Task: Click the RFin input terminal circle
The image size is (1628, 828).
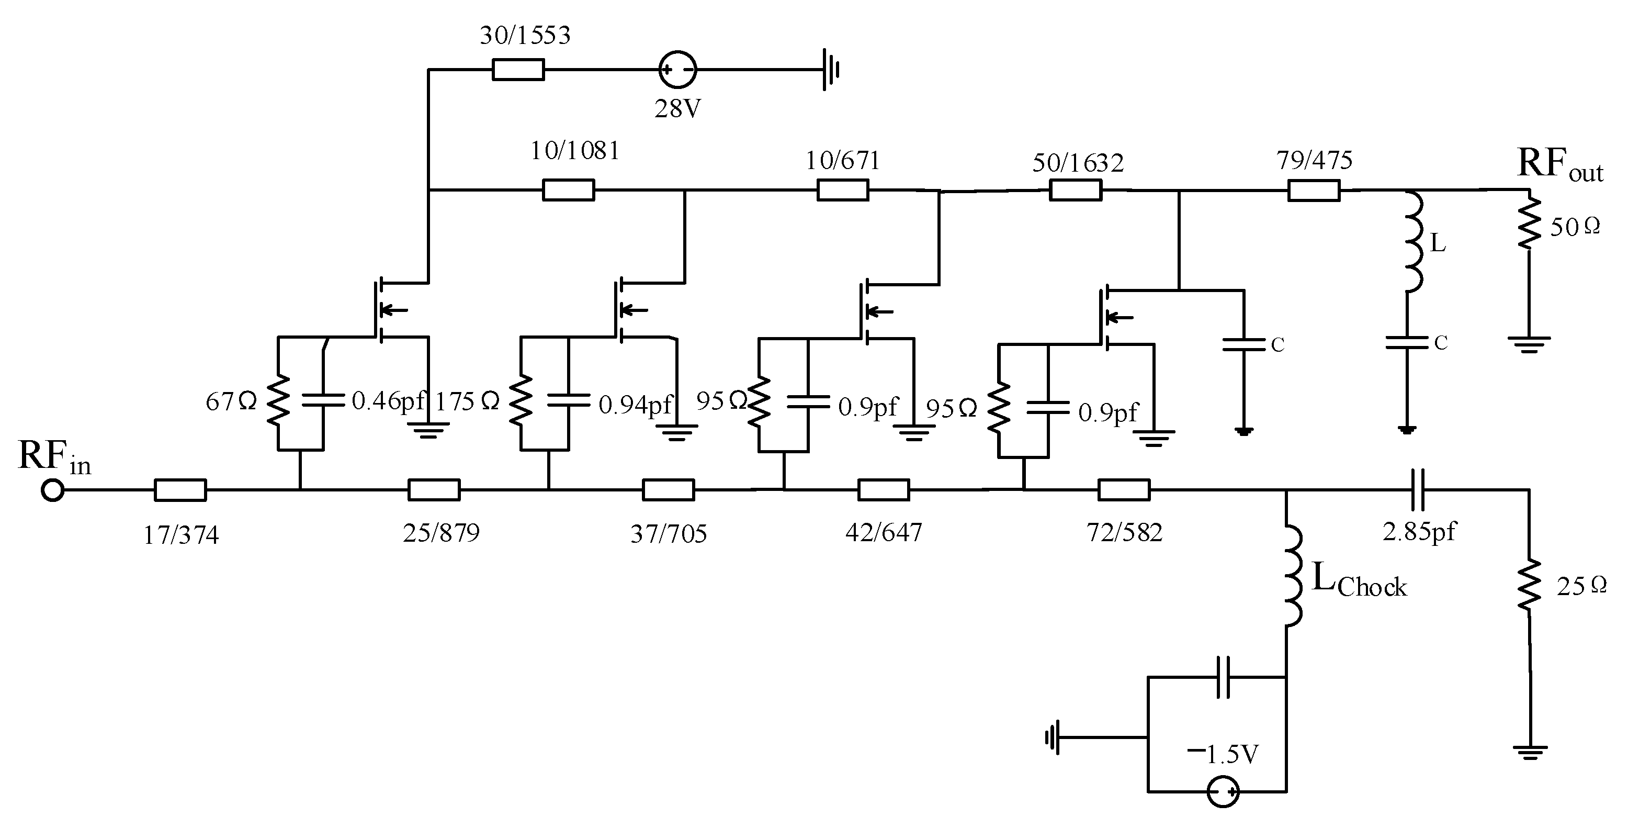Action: (52, 490)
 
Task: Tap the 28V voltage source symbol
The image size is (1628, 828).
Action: (677, 70)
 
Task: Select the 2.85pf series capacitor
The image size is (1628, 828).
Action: (1418, 490)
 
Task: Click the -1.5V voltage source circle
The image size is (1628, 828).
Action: (1223, 791)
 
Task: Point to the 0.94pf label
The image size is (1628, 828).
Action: (635, 405)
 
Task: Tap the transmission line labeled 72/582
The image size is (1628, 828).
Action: (1124, 490)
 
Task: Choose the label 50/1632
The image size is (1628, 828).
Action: (1078, 164)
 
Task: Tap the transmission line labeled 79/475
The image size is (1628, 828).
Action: (1314, 190)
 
